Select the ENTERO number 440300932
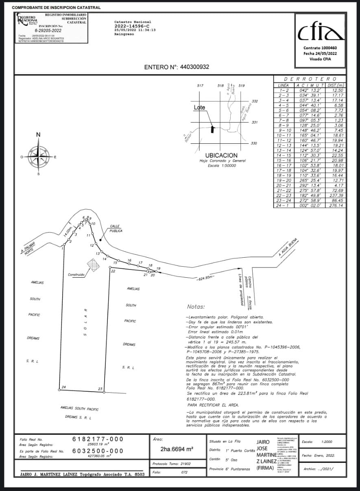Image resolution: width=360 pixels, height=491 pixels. (x=194, y=67)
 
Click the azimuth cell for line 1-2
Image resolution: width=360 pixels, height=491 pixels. (x=309, y=90)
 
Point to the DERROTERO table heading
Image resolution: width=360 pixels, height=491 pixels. (x=310, y=79)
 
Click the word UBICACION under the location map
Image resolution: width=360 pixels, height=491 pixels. (x=221, y=156)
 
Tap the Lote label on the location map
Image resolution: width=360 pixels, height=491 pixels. (x=199, y=107)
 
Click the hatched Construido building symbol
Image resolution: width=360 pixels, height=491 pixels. (x=94, y=265)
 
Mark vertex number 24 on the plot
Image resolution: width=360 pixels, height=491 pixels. (x=63, y=387)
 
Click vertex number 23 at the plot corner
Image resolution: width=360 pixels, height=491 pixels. (x=100, y=389)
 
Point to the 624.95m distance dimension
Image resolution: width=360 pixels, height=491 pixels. (x=205, y=279)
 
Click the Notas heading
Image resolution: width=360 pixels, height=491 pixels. (x=196, y=307)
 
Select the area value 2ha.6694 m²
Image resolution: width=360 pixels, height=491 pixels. (x=177, y=449)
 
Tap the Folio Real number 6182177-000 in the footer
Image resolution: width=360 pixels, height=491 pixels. (x=98, y=439)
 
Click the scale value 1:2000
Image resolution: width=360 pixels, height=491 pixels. (x=327, y=442)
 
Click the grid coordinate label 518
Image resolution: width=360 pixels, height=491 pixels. (x=221, y=86)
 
